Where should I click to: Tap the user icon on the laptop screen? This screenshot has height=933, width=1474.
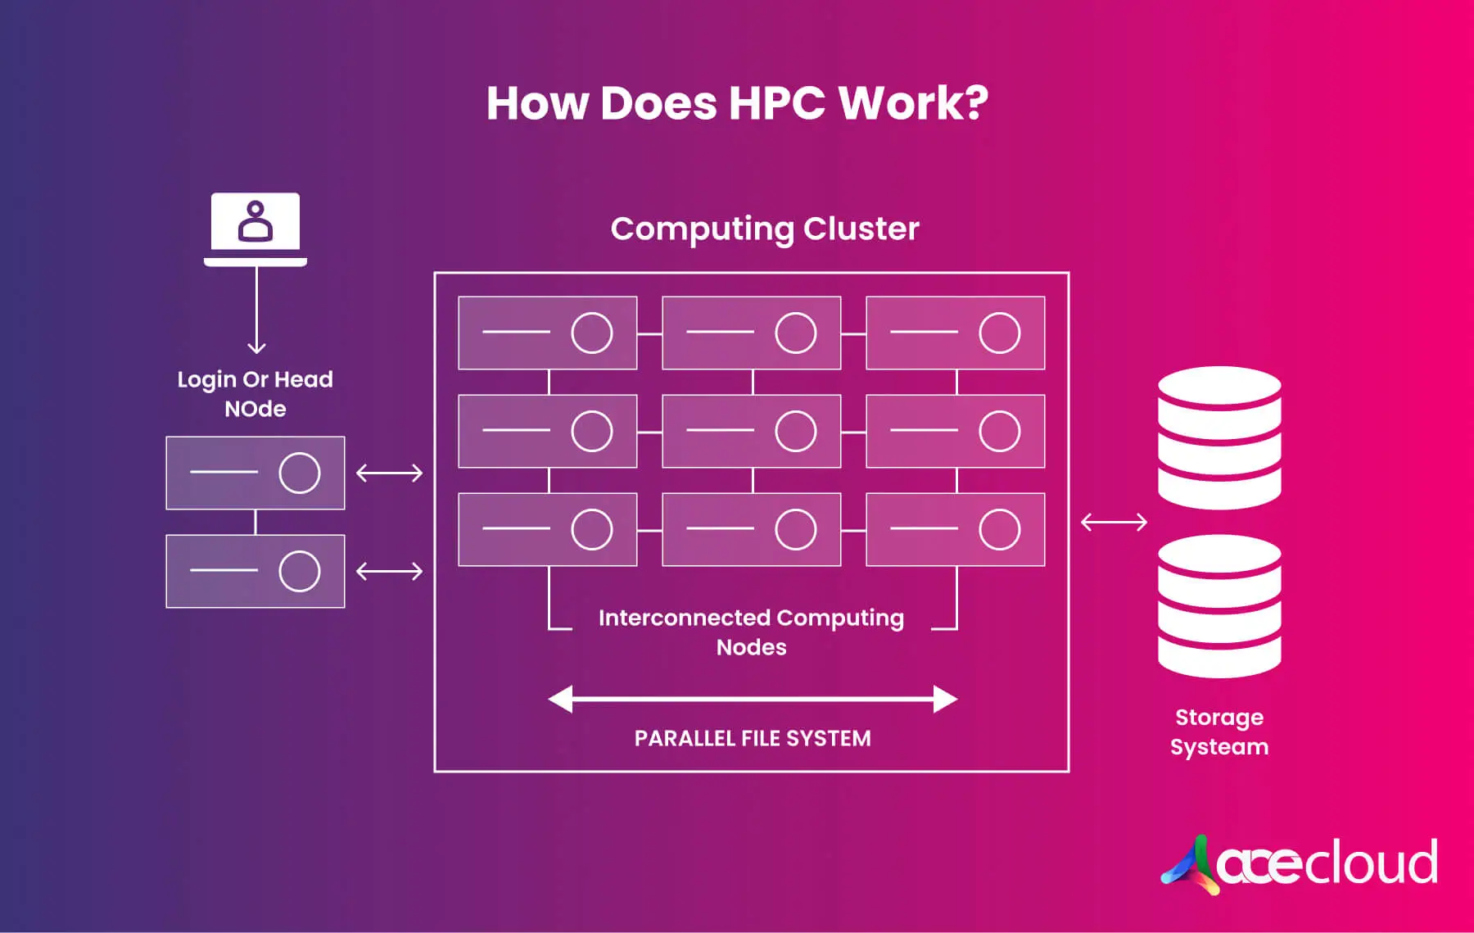[x=255, y=221]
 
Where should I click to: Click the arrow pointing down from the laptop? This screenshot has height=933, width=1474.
[x=256, y=311]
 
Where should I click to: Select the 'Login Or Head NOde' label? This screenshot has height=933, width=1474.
[x=255, y=394]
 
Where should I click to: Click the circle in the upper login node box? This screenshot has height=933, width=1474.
[x=300, y=473]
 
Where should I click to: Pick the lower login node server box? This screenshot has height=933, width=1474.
[x=255, y=571]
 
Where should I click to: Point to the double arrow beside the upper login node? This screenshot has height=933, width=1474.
[x=390, y=473]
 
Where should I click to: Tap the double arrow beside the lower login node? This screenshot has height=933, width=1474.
[x=390, y=571]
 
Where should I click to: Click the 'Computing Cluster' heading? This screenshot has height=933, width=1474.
[x=765, y=229]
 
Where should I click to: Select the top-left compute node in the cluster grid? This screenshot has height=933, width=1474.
[x=548, y=333]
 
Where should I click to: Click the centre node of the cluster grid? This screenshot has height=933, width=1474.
[x=752, y=431]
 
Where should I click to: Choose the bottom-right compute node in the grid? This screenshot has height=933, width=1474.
[x=956, y=529]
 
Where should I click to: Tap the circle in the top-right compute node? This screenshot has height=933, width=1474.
[x=1000, y=333]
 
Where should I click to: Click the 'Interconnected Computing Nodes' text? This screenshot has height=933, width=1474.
[x=751, y=632]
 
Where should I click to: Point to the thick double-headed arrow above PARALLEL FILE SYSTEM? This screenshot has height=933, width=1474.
[x=753, y=699]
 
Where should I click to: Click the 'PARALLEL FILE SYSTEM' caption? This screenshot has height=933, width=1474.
[x=753, y=738]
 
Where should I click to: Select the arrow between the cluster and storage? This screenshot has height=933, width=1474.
[x=1115, y=522]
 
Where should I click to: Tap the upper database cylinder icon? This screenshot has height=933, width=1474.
[x=1219, y=437]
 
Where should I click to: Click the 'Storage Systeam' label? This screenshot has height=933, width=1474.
[x=1219, y=731]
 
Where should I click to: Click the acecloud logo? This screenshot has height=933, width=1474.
[x=1300, y=863]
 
